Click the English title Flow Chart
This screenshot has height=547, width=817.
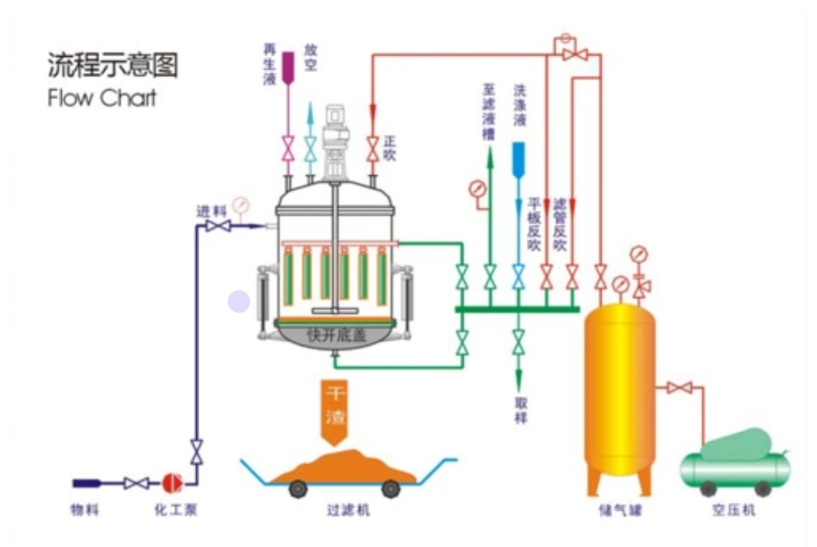(101, 98)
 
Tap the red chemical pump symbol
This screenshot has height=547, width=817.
(172, 482)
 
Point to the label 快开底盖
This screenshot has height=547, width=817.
(336, 336)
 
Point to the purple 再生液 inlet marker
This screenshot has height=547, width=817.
(287, 66)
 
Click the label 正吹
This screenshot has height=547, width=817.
(389, 149)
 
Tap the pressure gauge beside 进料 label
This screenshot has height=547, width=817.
(240, 204)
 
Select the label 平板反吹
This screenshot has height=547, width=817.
(535, 224)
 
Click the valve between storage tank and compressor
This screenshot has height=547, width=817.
(680, 388)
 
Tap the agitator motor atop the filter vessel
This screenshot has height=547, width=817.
(335, 126)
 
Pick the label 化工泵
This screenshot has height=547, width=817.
(175, 509)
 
